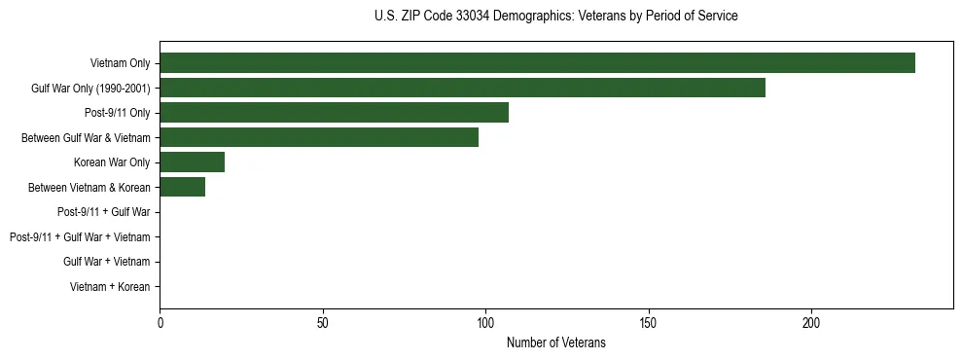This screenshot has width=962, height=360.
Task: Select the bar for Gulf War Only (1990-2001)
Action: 462,89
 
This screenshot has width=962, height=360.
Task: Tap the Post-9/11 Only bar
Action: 334,113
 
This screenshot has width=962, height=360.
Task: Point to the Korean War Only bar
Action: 192,162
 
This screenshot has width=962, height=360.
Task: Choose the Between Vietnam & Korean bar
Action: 182,188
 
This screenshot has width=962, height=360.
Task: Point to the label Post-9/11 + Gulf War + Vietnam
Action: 80,237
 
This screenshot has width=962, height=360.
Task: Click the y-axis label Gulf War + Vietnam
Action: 106,262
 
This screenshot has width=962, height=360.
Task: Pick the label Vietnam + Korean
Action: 110,287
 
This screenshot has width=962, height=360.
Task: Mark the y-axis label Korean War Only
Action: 112,162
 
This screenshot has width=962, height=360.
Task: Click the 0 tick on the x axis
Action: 160,322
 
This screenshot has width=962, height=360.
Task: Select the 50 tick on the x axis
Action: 322,322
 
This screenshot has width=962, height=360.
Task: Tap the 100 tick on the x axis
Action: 485,322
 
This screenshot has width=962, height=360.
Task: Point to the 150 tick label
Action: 648,322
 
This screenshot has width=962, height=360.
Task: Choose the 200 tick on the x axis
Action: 811,322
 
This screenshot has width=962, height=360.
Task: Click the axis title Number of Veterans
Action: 555,342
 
